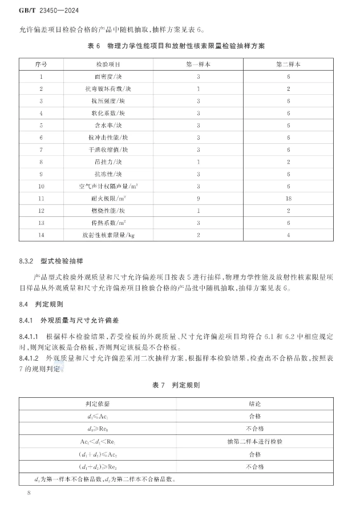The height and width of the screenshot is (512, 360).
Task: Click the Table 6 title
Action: click(180, 45)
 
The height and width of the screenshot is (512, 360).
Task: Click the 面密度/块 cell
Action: click(106, 76)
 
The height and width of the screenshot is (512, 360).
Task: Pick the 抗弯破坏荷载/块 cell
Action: click(106, 88)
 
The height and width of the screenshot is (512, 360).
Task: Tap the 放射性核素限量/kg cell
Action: click(106, 235)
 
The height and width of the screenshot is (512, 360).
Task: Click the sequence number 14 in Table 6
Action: click(41, 235)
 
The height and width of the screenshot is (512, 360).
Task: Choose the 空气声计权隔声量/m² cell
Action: click(106, 186)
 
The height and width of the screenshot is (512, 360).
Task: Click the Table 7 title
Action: click(180, 385)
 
